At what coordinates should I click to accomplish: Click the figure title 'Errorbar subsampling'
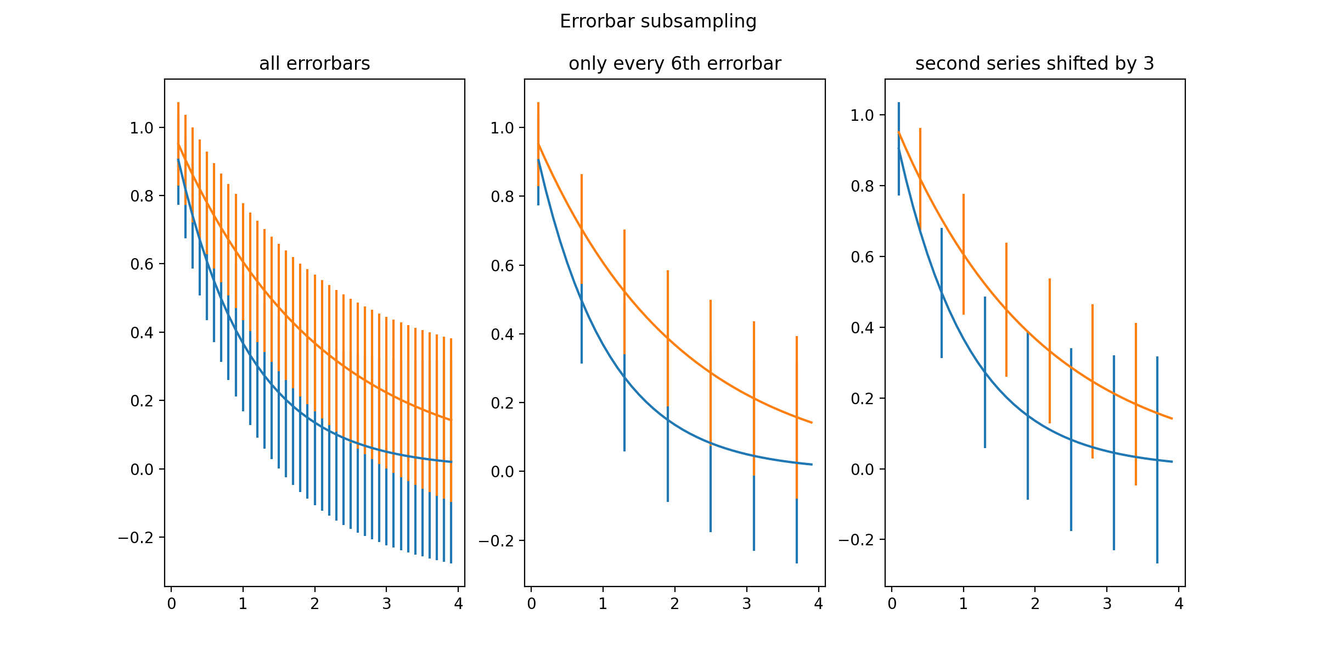point(658,21)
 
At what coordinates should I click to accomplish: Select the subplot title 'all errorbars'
point(314,64)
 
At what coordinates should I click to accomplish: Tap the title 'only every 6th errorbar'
point(674,64)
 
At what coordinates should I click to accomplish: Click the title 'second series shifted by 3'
point(1034,64)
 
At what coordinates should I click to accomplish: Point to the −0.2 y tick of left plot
point(136,538)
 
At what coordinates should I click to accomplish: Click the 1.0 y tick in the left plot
point(141,128)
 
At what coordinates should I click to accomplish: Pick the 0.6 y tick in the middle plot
point(502,266)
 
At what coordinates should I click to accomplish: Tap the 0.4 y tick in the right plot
point(862,328)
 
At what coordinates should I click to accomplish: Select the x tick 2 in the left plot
point(314,604)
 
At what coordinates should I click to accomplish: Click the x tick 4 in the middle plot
point(818,604)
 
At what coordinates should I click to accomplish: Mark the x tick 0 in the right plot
point(892,604)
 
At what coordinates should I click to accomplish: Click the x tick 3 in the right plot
point(1107,604)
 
